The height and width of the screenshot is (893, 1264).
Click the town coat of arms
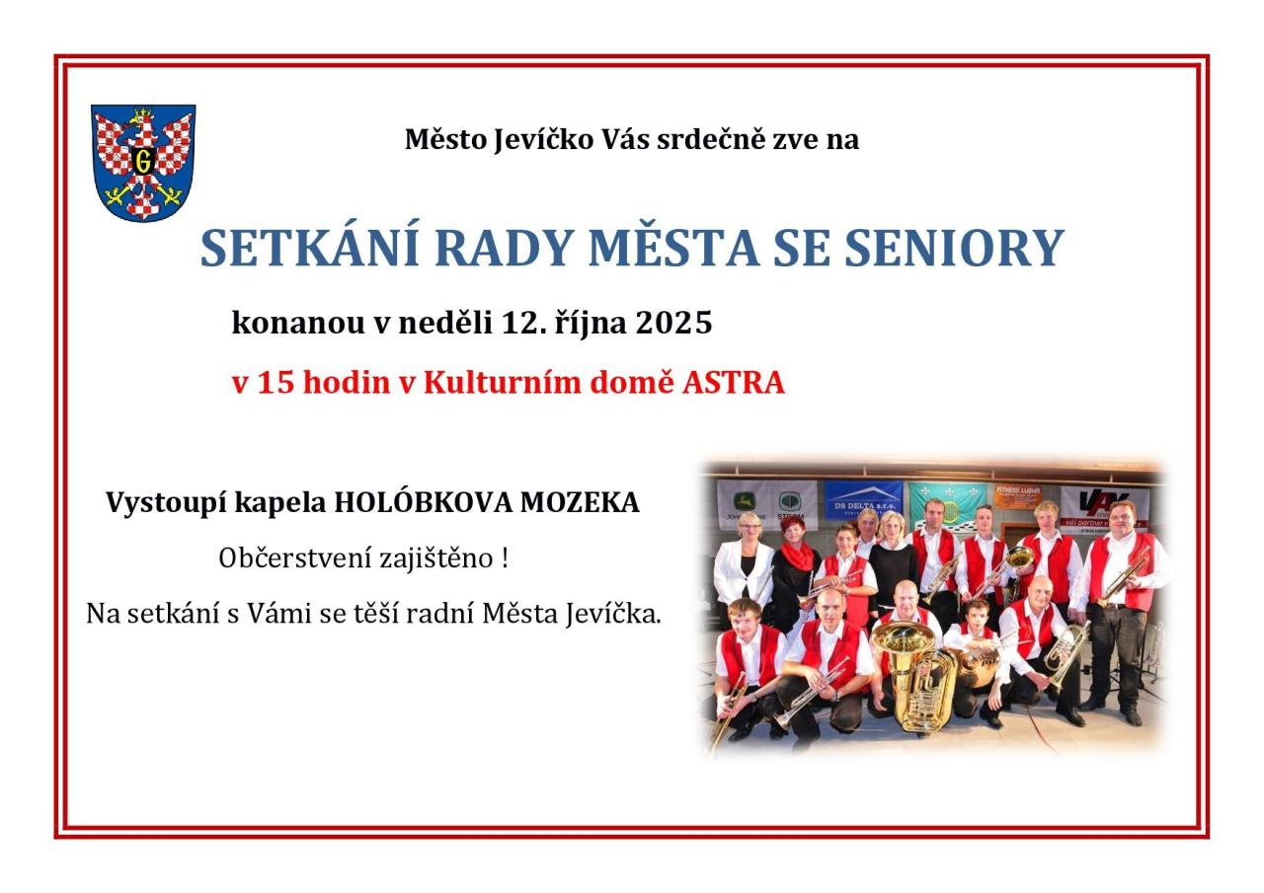pos(143,163)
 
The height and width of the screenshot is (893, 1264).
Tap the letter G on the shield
pos(143,163)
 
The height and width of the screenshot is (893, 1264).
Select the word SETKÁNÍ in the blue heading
pos(310,247)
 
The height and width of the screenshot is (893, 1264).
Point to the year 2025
pos(674,324)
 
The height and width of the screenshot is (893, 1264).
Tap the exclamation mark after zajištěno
pos(504,558)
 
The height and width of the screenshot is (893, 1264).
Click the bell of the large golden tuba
pos(900,638)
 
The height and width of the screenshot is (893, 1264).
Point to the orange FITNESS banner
pos(1018,496)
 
